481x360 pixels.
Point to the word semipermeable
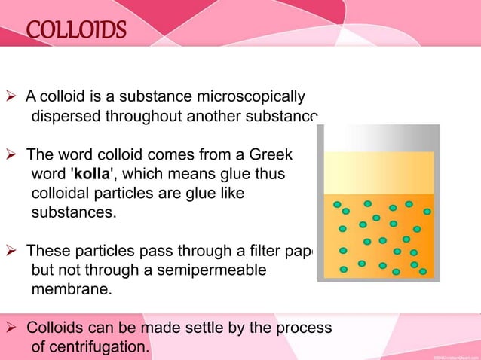tap(213, 270)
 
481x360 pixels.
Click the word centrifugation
tap(103, 348)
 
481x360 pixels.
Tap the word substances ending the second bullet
tap(73, 213)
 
